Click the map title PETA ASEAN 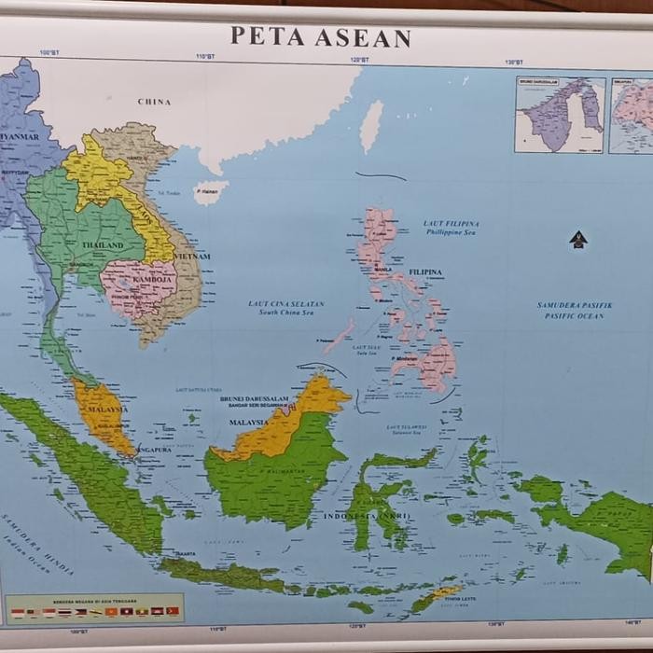click(320, 37)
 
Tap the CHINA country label click(154, 102)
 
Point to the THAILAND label click(103, 245)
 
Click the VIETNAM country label click(191, 256)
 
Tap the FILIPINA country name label click(425, 272)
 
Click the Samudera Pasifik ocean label click(575, 310)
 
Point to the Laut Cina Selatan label click(286, 308)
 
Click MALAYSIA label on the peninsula click(107, 410)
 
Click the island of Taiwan click(371, 126)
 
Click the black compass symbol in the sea click(578, 240)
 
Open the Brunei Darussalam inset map click(560, 115)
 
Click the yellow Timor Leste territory click(446, 591)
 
